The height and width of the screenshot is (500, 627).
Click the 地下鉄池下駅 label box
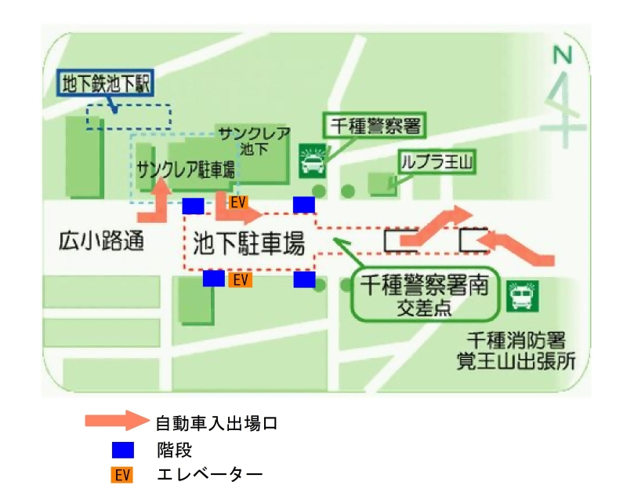(x=105, y=82)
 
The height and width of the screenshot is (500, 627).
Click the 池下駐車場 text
(x=248, y=244)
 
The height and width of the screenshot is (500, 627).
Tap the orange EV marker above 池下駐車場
(x=238, y=203)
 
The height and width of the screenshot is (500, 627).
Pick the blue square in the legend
(x=122, y=450)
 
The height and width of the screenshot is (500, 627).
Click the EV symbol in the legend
(x=122, y=475)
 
